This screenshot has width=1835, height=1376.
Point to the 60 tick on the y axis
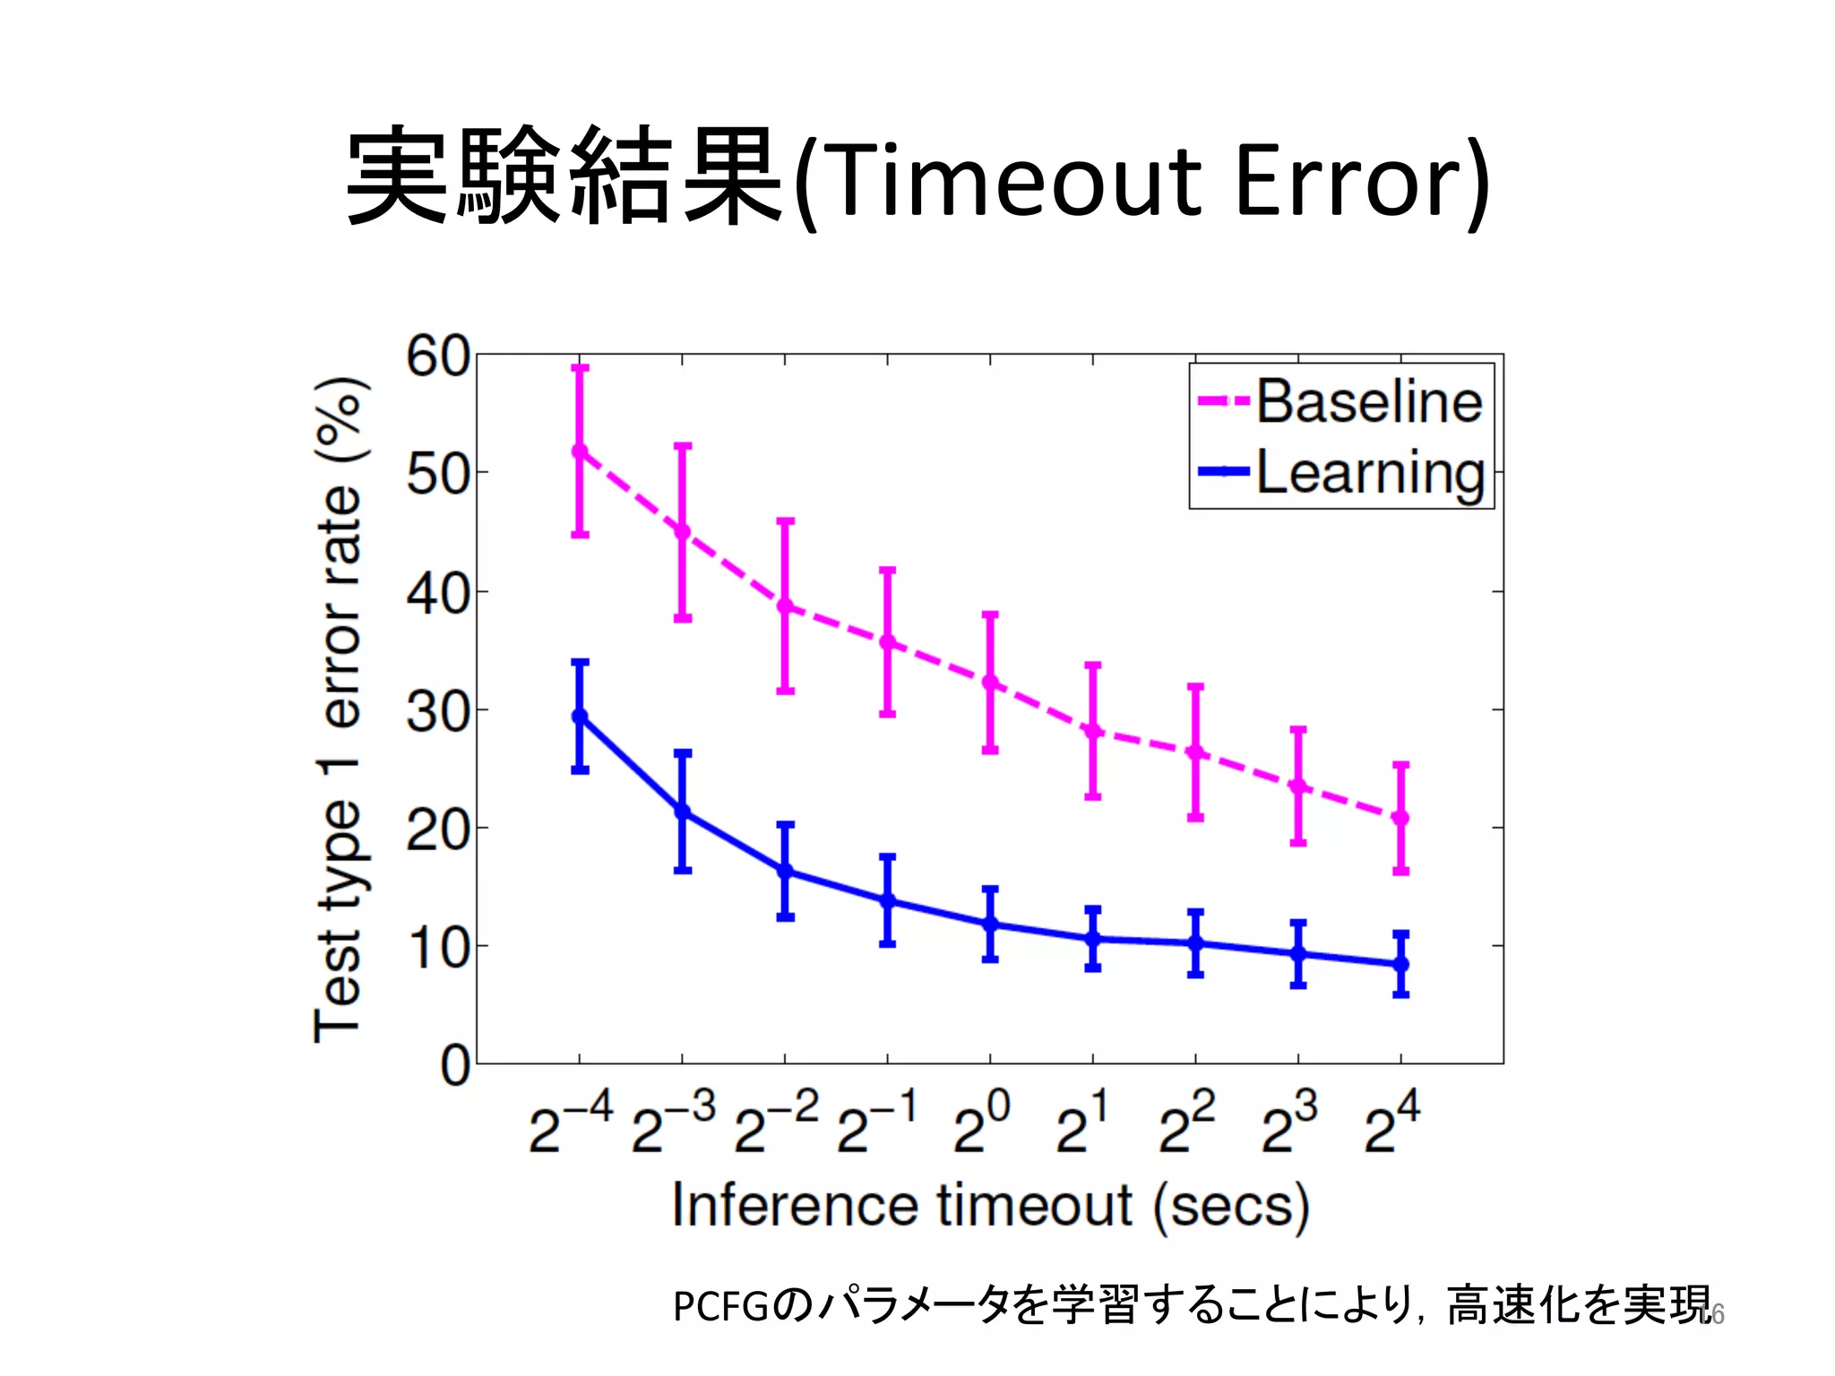[438, 357]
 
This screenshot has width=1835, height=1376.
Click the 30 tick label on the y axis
[438, 712]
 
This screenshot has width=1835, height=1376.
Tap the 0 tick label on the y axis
[455, 1066]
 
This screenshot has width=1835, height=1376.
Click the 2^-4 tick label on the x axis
[570, 1123]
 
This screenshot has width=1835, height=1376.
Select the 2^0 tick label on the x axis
[981, 1123]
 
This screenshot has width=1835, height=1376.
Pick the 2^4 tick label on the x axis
[1391, 1123]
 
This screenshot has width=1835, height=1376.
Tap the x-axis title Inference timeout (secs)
[989, 1206]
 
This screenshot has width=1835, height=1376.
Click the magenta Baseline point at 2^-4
[580, 451]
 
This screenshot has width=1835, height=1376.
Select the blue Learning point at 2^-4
[580, 716]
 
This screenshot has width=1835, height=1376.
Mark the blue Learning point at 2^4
[1401, 964]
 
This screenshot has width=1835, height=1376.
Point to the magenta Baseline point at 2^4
[1401, 818]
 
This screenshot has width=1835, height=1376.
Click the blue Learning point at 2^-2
[785, 871]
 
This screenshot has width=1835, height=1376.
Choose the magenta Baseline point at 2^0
[990, 683]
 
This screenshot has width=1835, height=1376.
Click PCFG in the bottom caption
[720, 1306]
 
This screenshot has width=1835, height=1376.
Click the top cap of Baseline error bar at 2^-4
[580, 367]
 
